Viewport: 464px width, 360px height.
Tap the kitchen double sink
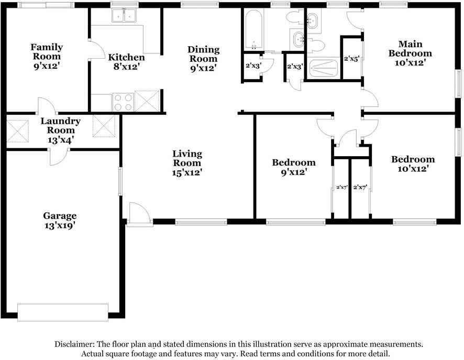[124, 17]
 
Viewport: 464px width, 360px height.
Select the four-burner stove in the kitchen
[123, 101]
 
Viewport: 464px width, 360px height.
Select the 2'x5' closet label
[351, 59]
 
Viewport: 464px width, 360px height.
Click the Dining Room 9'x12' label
[203, 59]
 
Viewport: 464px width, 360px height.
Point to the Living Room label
[187, 162]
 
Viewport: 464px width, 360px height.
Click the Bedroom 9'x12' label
[294, 167]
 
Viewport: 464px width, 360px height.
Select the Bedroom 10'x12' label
[413, 164]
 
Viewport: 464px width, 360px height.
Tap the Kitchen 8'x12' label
[126, 62]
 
